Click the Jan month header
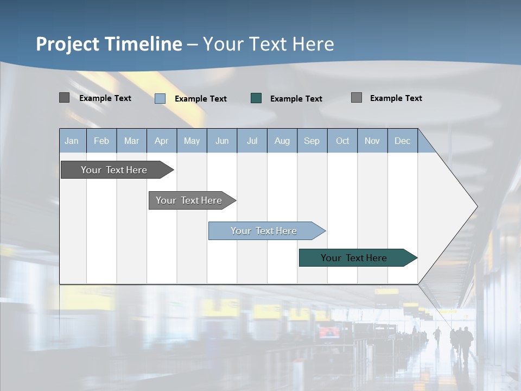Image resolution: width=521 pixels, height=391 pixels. pyautogui.click(x=72, y=141)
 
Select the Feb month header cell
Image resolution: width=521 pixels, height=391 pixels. pyautogui.click(x=101, y=141)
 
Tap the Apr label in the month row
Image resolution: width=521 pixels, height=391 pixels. pyautogui.click(x=161, y=141)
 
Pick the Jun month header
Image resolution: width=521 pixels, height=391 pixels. pyautogui.click(x=222, y=141)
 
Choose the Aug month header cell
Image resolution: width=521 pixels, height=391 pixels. pyautogui.click(x=282, y=141)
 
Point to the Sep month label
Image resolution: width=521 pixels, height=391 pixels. pyautogui.click(x=312, y=141)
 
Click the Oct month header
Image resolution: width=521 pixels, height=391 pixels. pyautogui.click(x=342, y=141)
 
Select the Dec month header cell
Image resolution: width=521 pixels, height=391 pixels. pyautogui.click(x=402, y=141)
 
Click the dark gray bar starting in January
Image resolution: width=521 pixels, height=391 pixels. pyautogui.click(x=114, y=170)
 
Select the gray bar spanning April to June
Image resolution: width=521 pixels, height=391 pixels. pyautogui.click(x=189, y=200)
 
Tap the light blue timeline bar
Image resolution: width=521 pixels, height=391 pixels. pyautogui.click(x=264, y=231)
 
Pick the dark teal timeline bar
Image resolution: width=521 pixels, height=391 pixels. pyautogui.click(x=354, y=258)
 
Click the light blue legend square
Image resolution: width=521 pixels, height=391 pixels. pyautogui.click(x=160, y=98)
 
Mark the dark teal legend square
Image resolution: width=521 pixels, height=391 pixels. pyautogui.click(x=256, y=98)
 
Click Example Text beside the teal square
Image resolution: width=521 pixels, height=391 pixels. pyautogui.click(x=296, y=99)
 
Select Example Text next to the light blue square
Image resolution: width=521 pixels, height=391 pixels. pyautogui.click(x=200, y=99)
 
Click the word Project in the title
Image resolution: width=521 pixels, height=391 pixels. pyautogui.click(x=68, y=44)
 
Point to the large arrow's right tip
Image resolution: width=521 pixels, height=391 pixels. pyautogui.click(x=476, y=206)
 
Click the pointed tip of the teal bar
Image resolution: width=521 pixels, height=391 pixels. pyautogui.click(x=416, y=258)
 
